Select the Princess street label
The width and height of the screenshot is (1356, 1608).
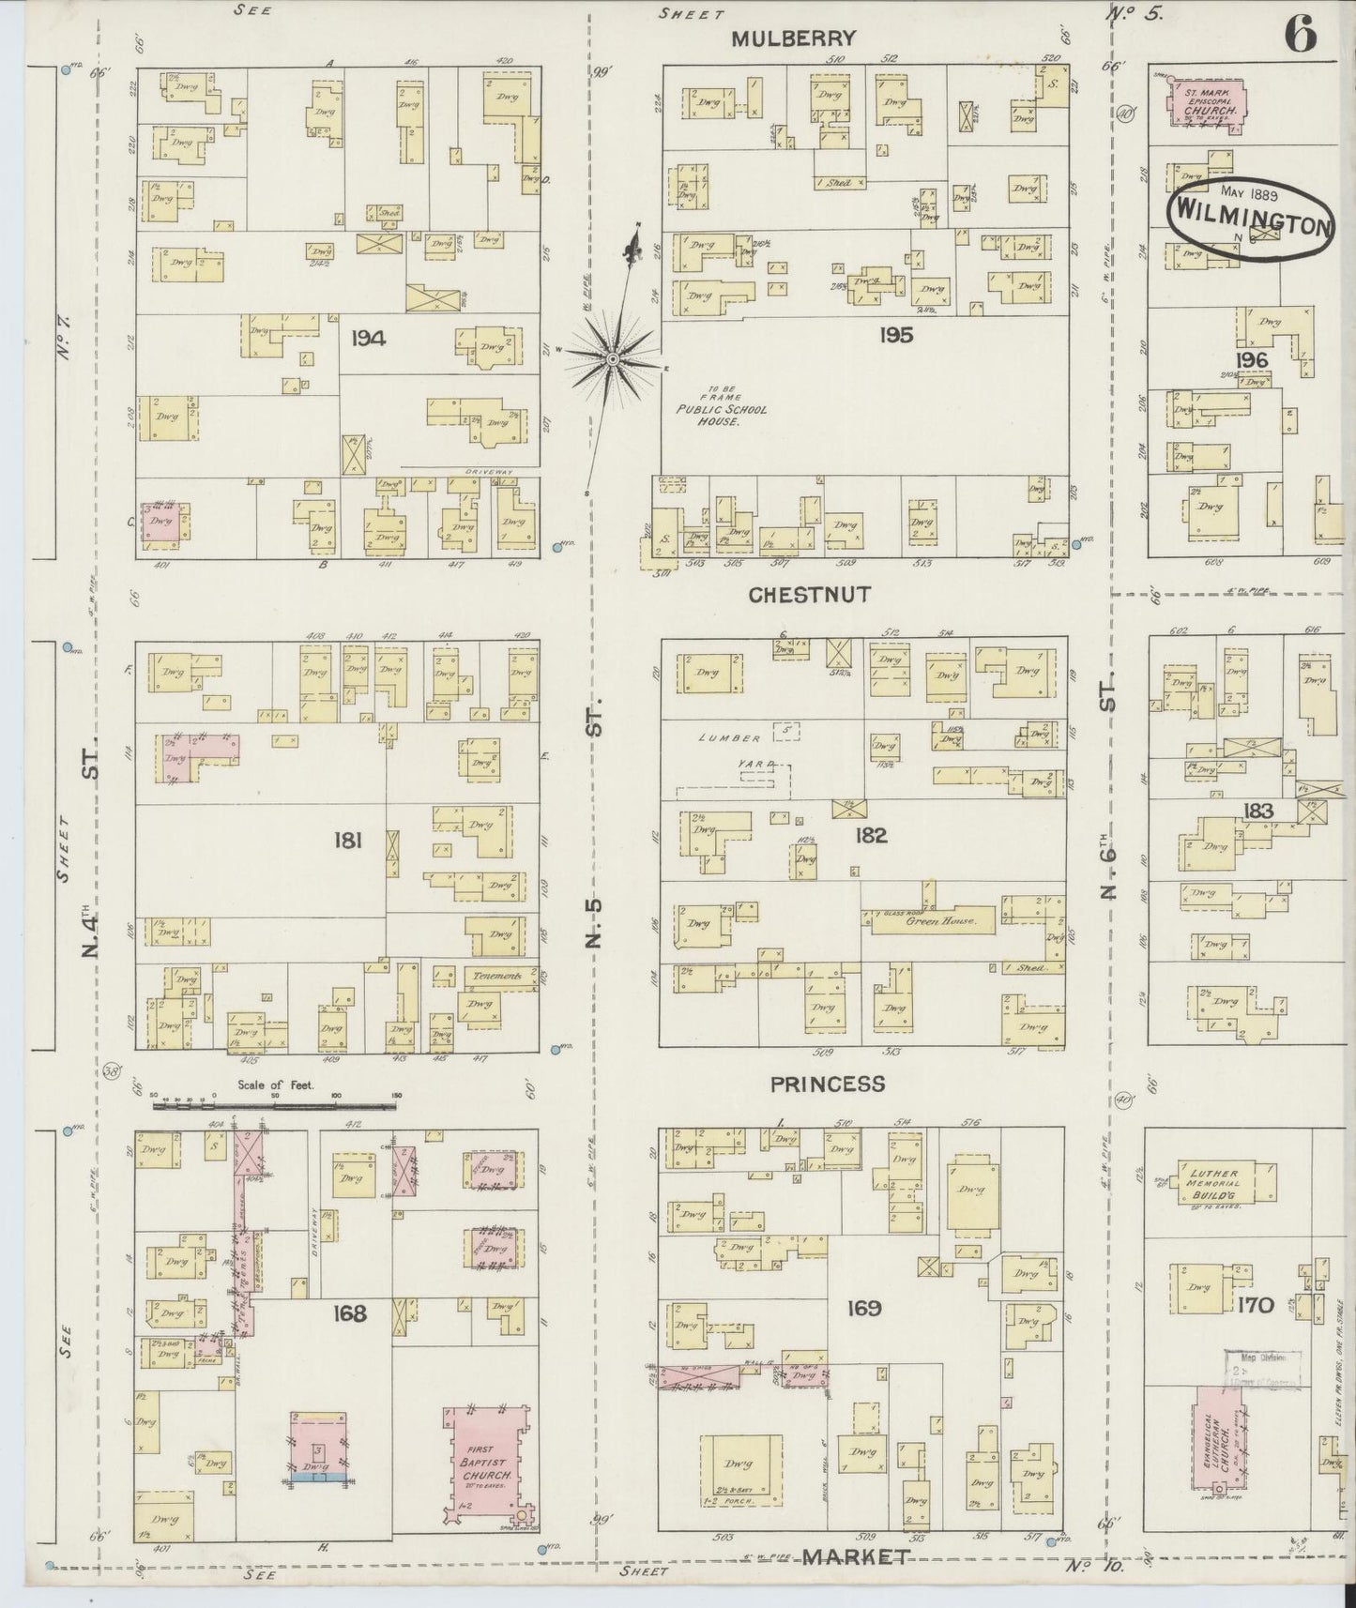[827, 1085]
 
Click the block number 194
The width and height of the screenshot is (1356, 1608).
[368, 338]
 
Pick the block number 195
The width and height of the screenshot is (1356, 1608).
[894, 335]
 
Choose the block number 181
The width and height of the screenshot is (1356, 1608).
[348, 841]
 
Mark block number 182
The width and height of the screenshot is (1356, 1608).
[870, 835]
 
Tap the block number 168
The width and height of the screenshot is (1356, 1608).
[348, 1313]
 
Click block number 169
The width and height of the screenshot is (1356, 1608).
[862, 1308]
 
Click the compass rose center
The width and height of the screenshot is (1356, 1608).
[612, 358]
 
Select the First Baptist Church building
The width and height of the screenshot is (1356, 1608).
[483, 1468]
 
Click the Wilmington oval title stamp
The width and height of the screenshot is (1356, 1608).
[1252, 216]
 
